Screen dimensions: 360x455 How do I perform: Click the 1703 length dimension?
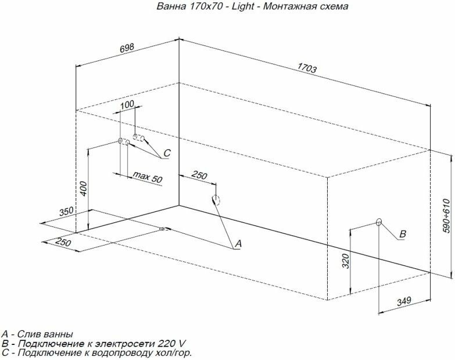tap(307, 68)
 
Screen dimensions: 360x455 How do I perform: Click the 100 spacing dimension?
tap(127, 105)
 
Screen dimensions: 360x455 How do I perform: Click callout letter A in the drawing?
tap(237, 245)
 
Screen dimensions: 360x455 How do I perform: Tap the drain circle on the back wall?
tap(216, 200)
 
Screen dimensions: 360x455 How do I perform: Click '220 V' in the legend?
tap(173, 343)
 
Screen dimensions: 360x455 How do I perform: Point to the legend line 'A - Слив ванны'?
tap(37, 334)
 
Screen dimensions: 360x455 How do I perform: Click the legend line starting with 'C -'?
tap(96, 352)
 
